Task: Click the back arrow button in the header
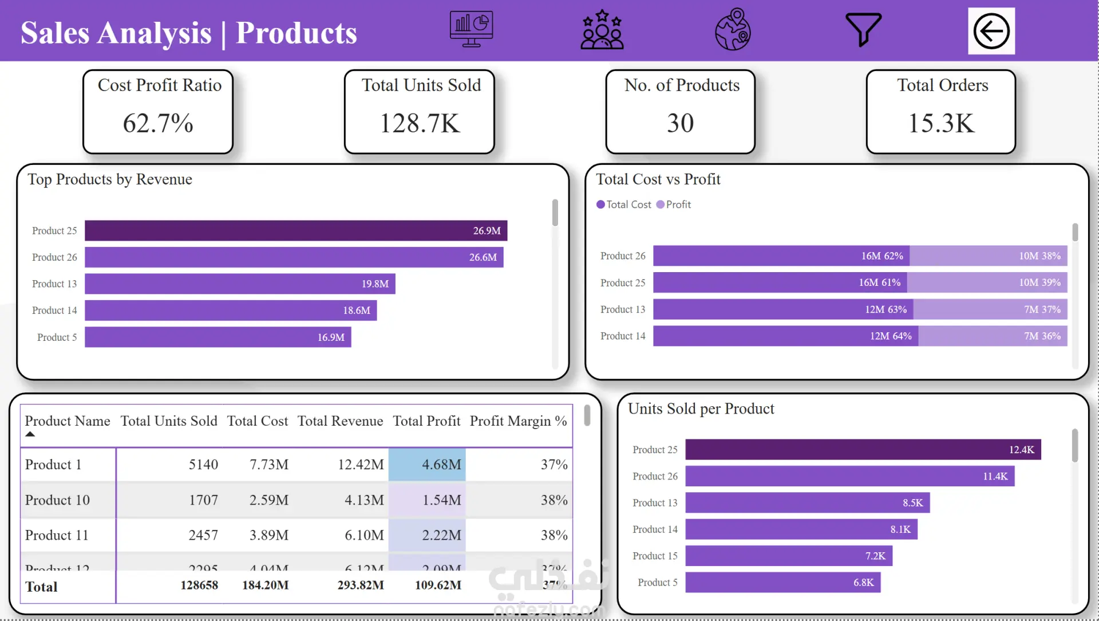(x=991, y=31)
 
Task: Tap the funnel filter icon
(x=863, y=29)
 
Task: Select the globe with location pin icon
(x=733, y=29)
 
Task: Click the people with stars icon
(x=602, y=30)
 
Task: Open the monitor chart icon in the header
(x=471, y=29)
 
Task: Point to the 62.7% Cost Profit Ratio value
(x=158, y=123)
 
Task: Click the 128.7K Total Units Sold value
(x=420, y=123)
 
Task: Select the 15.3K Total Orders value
(x=941, y=123)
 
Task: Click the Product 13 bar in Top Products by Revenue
(x=240, y=284)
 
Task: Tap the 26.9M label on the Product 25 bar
(x=487, y=231)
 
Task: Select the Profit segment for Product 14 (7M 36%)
(x=993, y=336)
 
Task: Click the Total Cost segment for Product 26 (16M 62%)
(x=781, y=256)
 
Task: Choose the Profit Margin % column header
(x=518, y=421)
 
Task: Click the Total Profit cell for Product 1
(x=427, y=465)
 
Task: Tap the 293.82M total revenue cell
(x=361, y=585)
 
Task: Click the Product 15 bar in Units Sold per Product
(x=789, y=556)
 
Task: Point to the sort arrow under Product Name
(x=30, y=434)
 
